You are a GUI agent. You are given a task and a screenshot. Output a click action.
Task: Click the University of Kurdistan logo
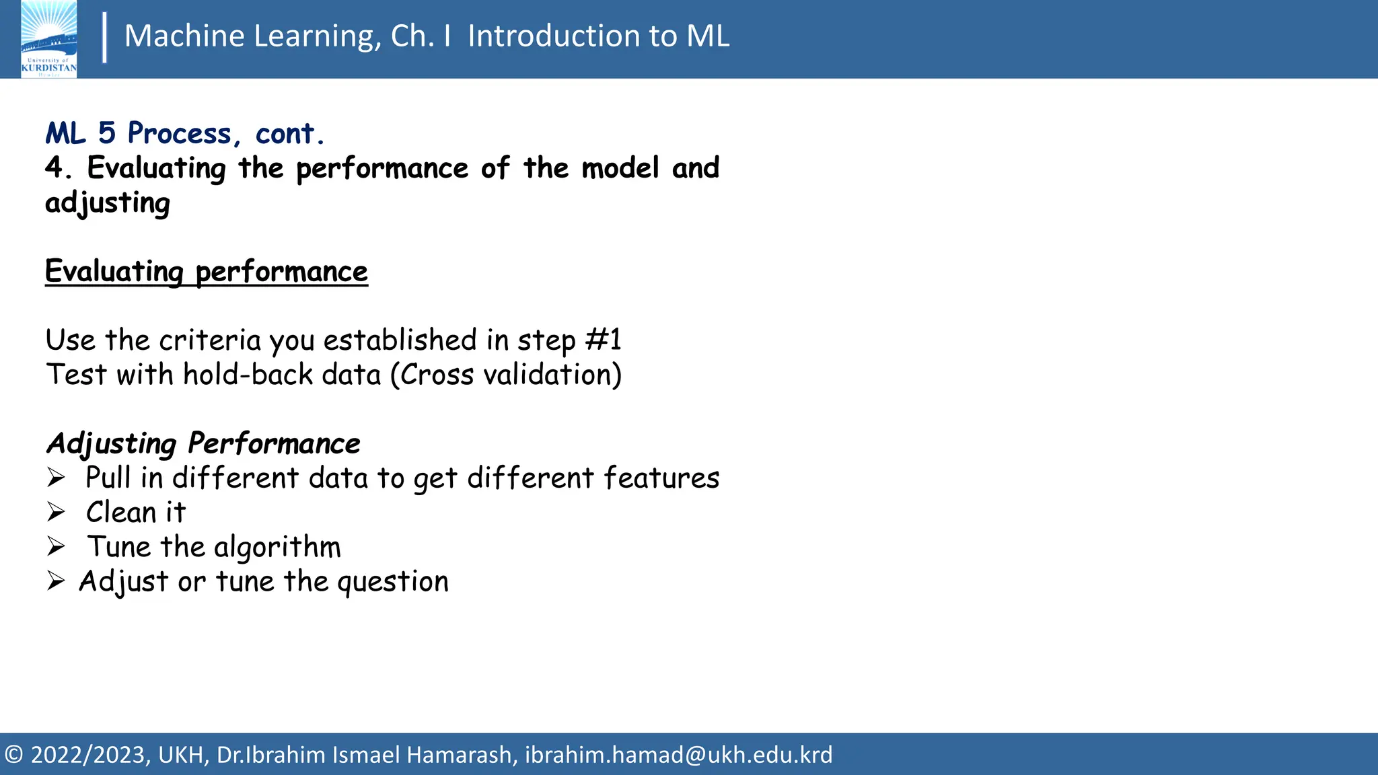point(48,39)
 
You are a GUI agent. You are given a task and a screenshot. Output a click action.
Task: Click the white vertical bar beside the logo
point(104,38)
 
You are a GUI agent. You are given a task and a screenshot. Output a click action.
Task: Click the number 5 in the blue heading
point(106,133)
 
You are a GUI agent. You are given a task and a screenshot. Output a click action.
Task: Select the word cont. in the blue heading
point(289,134)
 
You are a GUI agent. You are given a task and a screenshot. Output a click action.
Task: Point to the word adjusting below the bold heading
point(108,203)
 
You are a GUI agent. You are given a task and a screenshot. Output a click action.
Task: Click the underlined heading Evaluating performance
point(206,272)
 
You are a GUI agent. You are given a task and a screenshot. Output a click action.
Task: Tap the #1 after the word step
point(604,340)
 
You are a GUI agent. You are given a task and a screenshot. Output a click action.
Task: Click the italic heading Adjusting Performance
point(203,443)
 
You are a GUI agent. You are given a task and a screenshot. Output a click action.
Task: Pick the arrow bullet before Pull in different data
point(56,478)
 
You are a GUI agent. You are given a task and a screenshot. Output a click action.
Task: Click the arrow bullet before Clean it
point(56,513)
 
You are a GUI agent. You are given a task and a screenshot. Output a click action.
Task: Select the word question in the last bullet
point(392,582)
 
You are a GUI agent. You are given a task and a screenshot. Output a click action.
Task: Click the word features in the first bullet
point(661,478)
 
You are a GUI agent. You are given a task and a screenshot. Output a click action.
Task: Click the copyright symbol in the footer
point(14,755)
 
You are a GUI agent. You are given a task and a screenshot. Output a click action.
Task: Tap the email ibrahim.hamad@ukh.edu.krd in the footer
point(678,755)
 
